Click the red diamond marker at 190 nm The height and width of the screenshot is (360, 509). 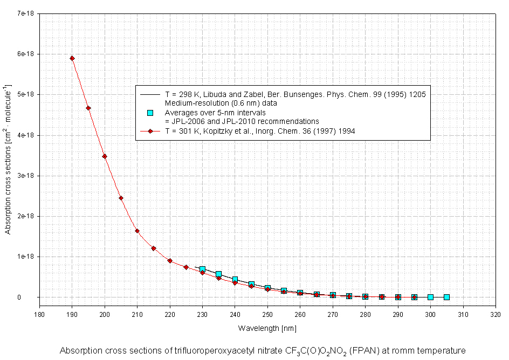pyautogui.click(x=72, y=58)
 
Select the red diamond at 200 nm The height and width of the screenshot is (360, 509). pyautogui.click(x=105, y=156)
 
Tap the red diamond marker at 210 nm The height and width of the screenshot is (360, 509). pyautogui.click(x=137, y=231)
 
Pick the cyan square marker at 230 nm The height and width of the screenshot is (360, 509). pyautogui.click(x=202, y=269)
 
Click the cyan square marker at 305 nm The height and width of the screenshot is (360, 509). pyautogui.click(x=446, y=297)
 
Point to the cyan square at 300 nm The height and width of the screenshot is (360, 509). pyautogui.click(x=430, y=297)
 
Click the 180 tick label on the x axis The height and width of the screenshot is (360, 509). pyautogui.click(x=39, y=314)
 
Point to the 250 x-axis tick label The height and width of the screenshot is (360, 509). pyautogui.click(x=267, y=314)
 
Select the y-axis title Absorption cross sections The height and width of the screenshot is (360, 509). pyautogui.click(x=8, y=159)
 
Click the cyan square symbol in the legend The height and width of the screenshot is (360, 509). pyautogui.click(x=150, y=113)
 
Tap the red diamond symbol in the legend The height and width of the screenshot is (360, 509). pyautogui.click(x=150, y=131)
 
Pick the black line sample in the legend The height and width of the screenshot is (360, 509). pyautogui.click(x=150, y=94)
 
